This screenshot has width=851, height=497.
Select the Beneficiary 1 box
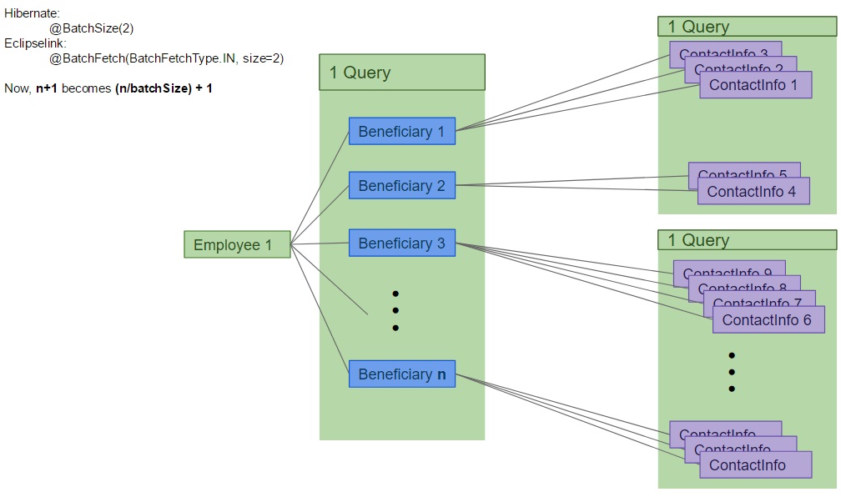[x=401, y=132]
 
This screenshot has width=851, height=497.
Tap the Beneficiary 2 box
[x=401, y=186]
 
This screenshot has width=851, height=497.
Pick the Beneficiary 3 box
[x=401, y=243]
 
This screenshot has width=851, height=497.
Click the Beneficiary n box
[x=401, y=374]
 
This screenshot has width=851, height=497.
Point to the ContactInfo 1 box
[x=754, y=85]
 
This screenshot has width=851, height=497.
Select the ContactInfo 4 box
[x=753, y=192]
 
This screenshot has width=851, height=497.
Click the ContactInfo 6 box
[x=768, y=320]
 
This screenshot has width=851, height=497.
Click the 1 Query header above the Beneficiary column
[x=401, y=73]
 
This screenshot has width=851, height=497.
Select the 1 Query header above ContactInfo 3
[x=747, y=27]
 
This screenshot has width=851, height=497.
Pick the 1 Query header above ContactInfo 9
[x=747, y=240]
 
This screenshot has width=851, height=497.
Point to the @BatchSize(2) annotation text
[x=91, y=28]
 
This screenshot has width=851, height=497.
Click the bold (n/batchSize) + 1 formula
[x=164, y=88]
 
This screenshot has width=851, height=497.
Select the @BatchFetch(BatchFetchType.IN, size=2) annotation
[x=166, y=58]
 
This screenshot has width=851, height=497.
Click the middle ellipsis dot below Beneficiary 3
[x=395, y=311]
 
